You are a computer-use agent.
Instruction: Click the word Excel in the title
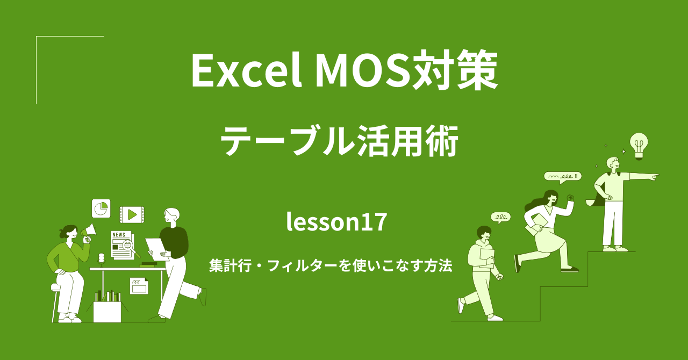coord(245,71)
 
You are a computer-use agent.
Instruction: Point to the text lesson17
coord(337,222)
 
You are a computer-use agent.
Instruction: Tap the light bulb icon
coord(639,145)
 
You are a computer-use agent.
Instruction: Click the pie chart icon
coord(101,208)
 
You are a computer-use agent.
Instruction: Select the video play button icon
coord(132,214)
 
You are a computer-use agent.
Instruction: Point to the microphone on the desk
coord(101,259)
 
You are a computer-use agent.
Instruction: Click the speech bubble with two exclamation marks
coord(562,176)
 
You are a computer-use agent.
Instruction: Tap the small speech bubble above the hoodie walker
coord(500,217)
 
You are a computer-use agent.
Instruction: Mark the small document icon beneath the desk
coord(139,285)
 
